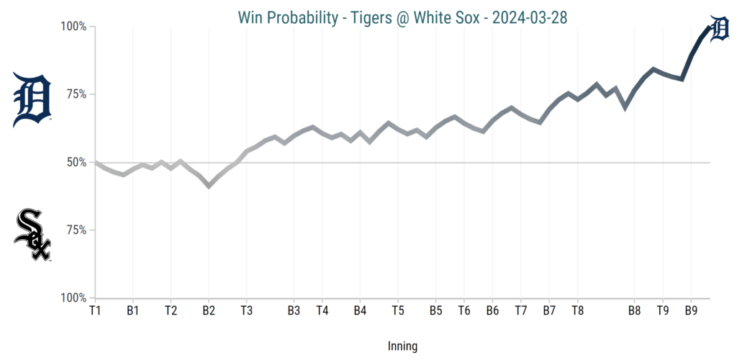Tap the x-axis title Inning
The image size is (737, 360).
pyautogui.click(x=402, y=346)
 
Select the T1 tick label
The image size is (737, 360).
pyautogui.click(x=95, y=311)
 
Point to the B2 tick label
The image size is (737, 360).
pyautogui.click(x=209, y=311)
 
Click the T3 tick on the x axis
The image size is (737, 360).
pyautogui.click(x=246, y=311)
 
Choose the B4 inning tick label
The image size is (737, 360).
pyautogui.click(x=360, y=311)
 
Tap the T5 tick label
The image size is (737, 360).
pyautogui.click(x=397, y=311)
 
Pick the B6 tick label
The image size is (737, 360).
pyautogui.click(x=492, y=311)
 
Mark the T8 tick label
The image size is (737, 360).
pyautogui.click(x=577, y=311)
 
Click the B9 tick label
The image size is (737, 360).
pyautogui.click(x=691, y=311)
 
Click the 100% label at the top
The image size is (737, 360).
pyautogui.click(x=72, y=27)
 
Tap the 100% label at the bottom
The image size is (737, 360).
pyautogui.click(x=72, y=298)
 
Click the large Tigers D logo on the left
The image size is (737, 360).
pyautogui.click(x=32, y=99)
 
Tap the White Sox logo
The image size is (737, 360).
pyautogui.click(x=32, y=235)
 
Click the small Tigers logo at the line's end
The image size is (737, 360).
pyautogui.click(x=719, y=29)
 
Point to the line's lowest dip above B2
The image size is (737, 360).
pyautogui.click(x=209, y=186)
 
